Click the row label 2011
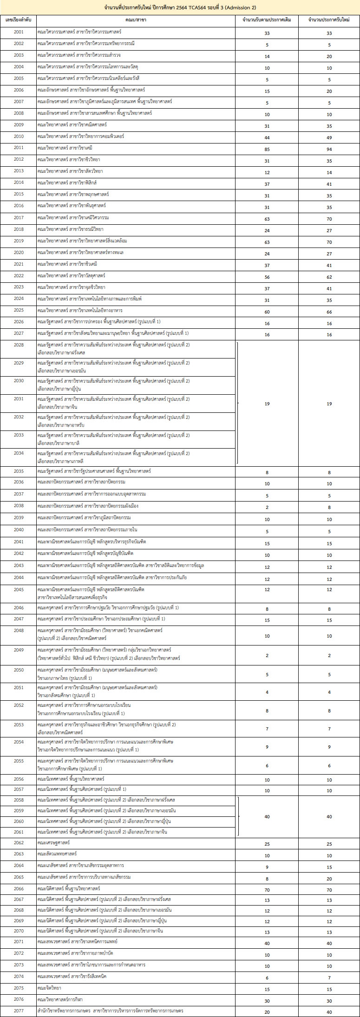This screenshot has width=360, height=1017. coord(19,148)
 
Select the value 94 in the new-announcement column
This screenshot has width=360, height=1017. coord(329,148)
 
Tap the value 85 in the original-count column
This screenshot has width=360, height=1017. coord(267,148)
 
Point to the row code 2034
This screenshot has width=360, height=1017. coord(19,453)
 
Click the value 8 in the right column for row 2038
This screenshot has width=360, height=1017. coord(329,507)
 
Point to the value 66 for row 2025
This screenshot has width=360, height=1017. coord(329,312)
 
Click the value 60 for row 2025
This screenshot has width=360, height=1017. coord(267,312)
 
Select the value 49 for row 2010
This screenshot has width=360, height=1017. coord(329,137)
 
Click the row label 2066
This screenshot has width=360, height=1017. coord(19,888)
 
